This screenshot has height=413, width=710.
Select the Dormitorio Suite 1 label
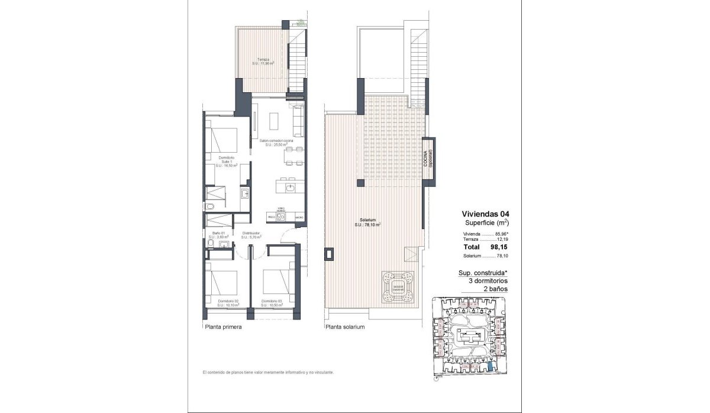coord(226,162)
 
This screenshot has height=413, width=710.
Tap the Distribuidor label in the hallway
coord(251,235)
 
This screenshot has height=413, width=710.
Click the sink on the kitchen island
coord(289,188)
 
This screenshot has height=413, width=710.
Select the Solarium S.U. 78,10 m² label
coord(367,222)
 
